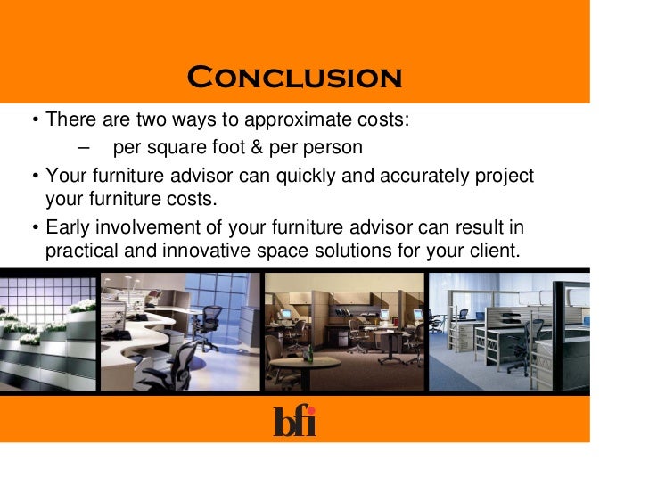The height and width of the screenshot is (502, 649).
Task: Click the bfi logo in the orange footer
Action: (294, 421)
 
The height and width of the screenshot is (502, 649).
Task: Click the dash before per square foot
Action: (84, 147)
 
